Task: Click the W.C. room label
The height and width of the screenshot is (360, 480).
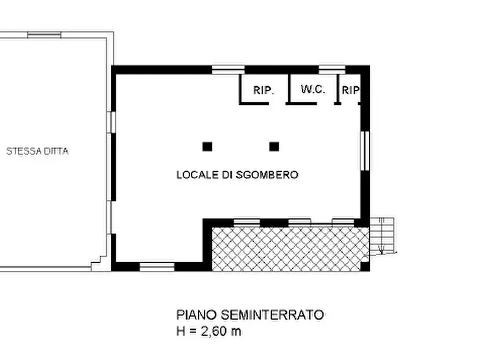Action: coord(313,90)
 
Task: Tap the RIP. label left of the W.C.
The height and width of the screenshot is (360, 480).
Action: coord(263,90)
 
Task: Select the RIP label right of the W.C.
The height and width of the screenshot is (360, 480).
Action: coord(350,91)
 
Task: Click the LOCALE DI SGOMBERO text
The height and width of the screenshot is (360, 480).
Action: coord(237,175)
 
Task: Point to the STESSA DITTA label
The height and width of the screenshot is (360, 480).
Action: coord(37,152)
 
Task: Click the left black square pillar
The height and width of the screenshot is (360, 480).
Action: coord(207,146)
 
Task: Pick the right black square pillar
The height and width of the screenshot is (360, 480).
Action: coord(274,146)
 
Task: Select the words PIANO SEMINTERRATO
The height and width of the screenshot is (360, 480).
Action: coord(250,315)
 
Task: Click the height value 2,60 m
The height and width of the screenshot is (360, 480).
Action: coord(221,331)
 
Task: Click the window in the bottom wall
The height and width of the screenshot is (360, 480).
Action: coord(157,266)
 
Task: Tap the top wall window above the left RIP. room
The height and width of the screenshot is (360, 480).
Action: coord(228,69)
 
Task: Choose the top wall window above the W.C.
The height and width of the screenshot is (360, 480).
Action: coord(332,69)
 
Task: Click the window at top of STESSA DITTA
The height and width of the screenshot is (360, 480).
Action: coord(44,35)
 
